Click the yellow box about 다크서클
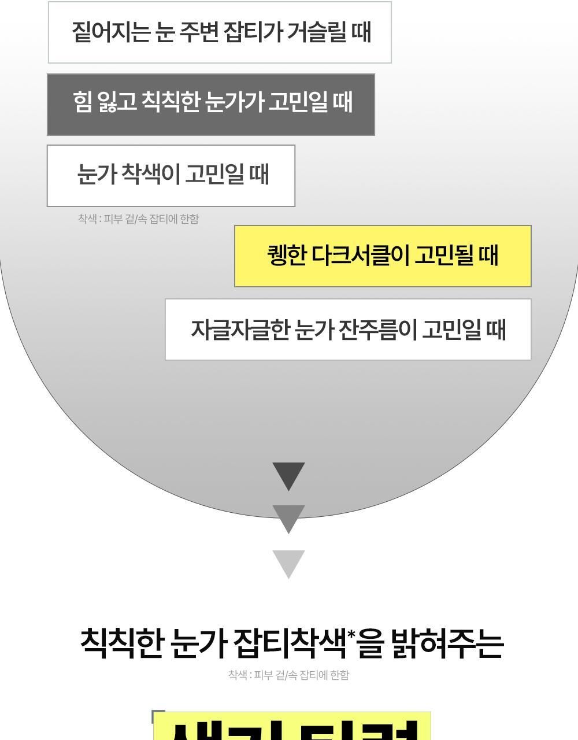(383, 256)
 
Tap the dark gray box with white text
(210, 105)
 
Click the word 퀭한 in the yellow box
(286, 255)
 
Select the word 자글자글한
(239, 330)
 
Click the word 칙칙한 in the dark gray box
(171, 102)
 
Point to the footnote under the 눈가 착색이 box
(138, 219)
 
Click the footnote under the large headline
(288, 675)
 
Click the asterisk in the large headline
(351, 634)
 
